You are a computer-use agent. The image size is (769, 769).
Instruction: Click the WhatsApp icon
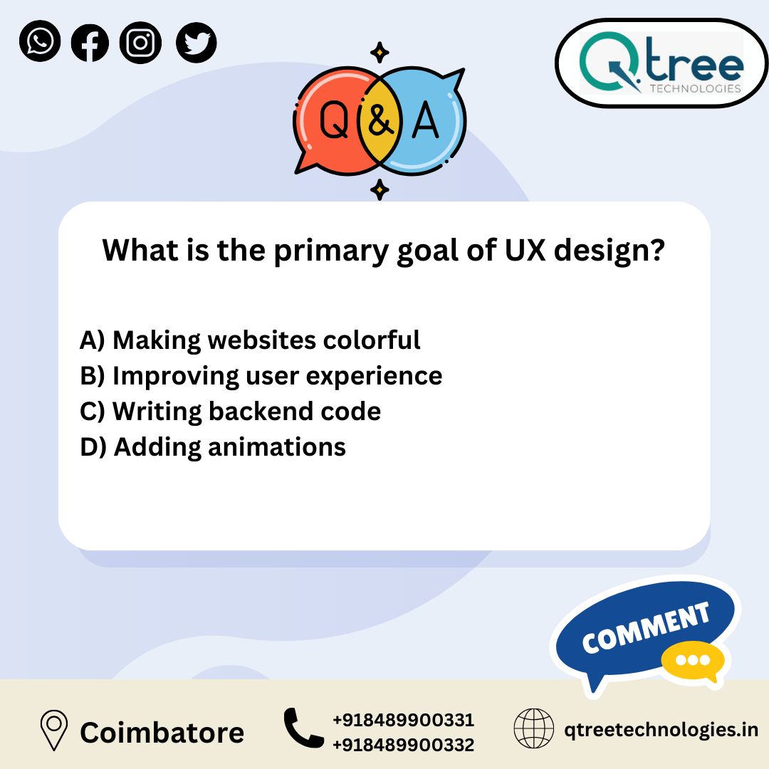40,41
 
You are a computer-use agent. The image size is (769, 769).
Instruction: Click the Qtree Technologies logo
661,63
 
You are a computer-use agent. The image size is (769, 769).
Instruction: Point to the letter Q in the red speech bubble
333,121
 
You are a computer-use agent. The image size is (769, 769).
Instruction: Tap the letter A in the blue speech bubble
426,121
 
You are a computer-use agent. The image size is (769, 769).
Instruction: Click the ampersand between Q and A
380,122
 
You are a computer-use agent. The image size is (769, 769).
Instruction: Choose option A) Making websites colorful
250,340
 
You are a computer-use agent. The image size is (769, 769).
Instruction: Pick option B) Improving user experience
261,376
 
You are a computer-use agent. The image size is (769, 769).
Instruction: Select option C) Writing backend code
230,412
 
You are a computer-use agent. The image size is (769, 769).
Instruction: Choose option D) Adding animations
213,447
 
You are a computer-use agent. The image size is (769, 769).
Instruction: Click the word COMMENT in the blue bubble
646,628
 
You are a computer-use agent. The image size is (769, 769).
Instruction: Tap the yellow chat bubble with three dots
692,661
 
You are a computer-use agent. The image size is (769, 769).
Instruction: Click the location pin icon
53,731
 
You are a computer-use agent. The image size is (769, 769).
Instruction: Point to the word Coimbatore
162,732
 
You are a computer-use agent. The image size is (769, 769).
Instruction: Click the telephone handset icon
303,728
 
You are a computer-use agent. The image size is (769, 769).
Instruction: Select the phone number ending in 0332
403,745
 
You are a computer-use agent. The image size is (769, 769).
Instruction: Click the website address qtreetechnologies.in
661,730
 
